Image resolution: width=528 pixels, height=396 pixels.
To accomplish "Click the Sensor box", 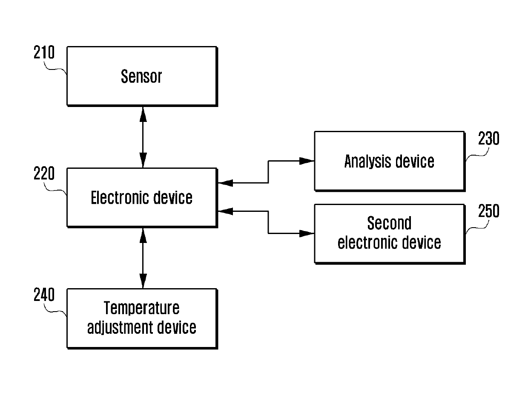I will point(142,76).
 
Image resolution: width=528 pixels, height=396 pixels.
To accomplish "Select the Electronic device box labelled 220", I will point(142,197).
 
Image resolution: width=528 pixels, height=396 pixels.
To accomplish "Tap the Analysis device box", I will point(389,161).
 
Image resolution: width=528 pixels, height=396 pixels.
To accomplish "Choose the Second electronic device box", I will point(389,233).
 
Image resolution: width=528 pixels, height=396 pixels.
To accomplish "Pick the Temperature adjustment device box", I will point(142,318).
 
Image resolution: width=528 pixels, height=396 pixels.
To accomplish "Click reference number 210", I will point(44,53).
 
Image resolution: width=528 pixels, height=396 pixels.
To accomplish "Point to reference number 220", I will point(44,174).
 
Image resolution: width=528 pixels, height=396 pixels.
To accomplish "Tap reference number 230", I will point(488,139).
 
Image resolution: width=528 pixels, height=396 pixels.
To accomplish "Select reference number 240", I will point(44,295).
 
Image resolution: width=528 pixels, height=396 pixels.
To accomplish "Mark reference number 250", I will point(488,211).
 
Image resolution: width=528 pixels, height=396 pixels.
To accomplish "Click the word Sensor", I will point(141,76).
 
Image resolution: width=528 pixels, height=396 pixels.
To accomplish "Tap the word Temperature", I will point(142,308).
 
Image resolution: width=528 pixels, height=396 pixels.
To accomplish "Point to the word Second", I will point(389,223).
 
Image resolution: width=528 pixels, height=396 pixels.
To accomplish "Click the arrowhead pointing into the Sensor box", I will point(143,112).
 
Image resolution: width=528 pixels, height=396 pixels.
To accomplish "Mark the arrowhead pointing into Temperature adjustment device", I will point(143,282).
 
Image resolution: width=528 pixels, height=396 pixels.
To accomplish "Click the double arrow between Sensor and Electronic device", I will point(143,136).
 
